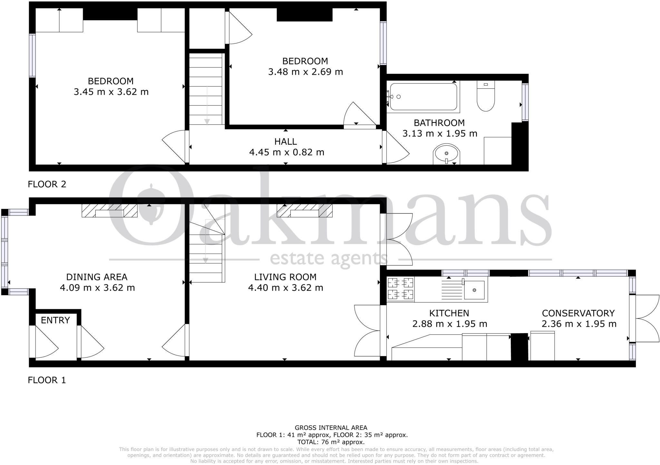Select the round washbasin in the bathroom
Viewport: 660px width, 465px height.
(446, 155)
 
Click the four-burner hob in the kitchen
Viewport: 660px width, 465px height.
(401, 289)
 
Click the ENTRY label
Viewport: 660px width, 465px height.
(55, 320)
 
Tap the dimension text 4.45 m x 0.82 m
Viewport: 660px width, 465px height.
(286, 152)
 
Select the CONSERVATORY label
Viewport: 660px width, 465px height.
(578, 313)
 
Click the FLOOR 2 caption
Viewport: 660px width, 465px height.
(47, 184)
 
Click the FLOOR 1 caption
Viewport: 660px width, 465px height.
(47, 380)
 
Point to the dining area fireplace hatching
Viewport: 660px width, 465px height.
(110, 210)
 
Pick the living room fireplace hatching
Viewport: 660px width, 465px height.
(305, 210)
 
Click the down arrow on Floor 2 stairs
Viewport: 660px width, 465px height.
(207, 121)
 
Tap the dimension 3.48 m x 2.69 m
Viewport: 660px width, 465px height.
(305, 72)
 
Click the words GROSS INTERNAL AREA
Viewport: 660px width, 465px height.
(331, 428)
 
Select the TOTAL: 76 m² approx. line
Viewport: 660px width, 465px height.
(331, 442)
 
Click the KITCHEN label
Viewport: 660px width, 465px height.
(449, 313)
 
